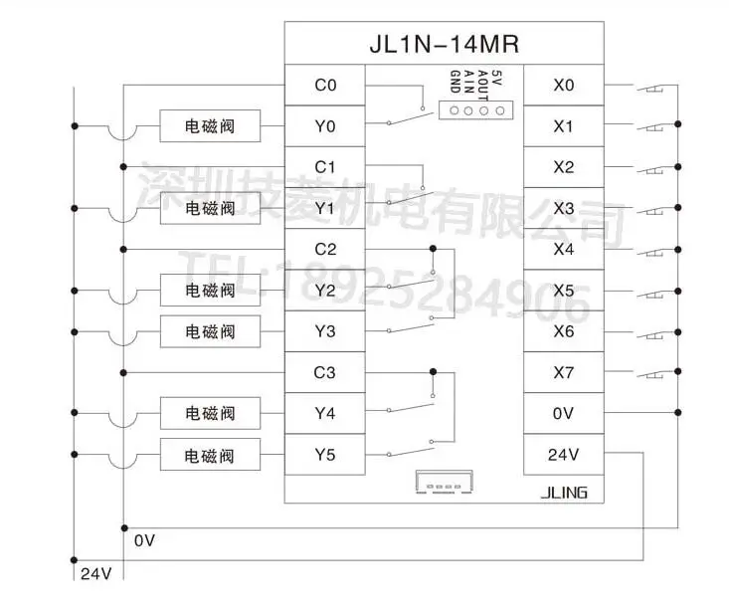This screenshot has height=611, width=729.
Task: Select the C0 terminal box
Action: click(x=325, y=86)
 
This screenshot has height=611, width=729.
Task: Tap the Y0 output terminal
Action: click(x=325, y=126)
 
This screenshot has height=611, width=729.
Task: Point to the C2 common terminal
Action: click(x=325, y=249)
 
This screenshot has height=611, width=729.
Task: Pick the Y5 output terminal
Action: click(x=325, y=455)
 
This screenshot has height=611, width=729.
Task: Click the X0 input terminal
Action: click(x=563, y=86)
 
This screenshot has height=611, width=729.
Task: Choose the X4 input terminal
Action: click(x=563, y=249)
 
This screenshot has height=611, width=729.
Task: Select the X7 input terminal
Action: click(x=563, y=373)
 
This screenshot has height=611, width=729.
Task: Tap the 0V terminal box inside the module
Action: click(x=563, y=414)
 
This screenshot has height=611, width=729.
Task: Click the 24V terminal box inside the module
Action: click(x=563, y=455)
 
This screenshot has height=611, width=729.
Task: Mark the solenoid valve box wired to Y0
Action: click(x=210, y=126)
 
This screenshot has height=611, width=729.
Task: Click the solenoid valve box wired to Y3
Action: click(x=210, y=330)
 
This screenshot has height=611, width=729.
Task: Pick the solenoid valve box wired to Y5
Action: click(x=210, y=456)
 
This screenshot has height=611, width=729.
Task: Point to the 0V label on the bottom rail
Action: click(x=144, y=540)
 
